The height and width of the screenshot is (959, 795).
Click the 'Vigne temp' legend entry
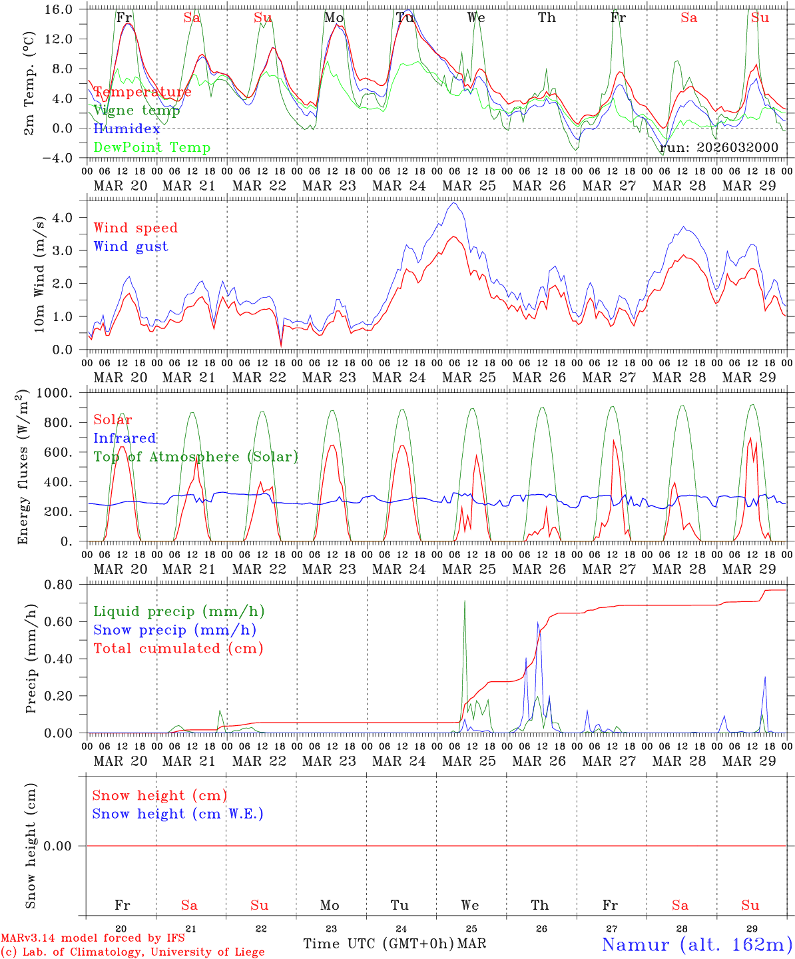click(x=136, y=111)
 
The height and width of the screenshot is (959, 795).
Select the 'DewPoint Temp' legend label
click(x=152, y=148)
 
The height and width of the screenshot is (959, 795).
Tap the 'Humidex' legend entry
click(x=127, y=129)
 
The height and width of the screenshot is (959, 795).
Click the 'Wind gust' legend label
click(x=131, y=247)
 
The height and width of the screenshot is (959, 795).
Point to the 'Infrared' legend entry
click(x=125, y=438)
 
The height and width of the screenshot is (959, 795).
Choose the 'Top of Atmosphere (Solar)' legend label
click(x=196, y=457)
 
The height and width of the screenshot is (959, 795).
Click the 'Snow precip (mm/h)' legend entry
click(x=174, y=630)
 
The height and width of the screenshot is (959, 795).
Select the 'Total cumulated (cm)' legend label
click(x=178, y=649)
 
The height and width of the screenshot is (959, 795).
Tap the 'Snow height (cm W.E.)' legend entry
click(x=178, y=814)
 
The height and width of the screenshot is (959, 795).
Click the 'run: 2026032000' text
click(x=719, y=148)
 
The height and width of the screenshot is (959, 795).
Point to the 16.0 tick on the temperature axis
click(x=59, y=9)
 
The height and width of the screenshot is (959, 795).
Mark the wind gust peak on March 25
click(x=454, y=203)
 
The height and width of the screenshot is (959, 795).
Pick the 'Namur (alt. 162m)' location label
click(x=696, y=944)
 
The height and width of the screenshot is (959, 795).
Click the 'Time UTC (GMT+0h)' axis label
click(x=379, y=944)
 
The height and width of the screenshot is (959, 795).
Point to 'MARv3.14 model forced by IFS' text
click(x=93, y=938)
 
